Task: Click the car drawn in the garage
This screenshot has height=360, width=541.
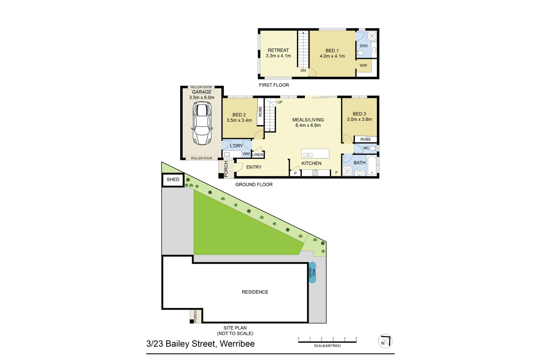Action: pos(202,123)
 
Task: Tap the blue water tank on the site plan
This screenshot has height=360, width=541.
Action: pos(312,273)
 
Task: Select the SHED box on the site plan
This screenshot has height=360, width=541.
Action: pos(173,180)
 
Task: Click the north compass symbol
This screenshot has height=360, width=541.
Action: pos(385,341)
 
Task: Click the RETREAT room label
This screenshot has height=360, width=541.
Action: pos(278,50)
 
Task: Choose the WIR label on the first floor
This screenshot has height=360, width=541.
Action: pos(363,66)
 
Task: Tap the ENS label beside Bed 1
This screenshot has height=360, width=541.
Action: pos(363,46)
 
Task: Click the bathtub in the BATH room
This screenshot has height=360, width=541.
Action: pos(372,165)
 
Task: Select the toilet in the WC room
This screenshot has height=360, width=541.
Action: pos(373,148)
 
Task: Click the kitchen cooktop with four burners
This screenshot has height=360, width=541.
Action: pos(315,173)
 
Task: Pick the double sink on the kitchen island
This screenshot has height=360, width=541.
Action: pos(308,155)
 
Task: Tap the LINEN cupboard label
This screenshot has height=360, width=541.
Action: pos(258,155)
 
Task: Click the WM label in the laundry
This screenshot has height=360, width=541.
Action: pos(246,154)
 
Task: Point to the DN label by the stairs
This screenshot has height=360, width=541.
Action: pos(303,71)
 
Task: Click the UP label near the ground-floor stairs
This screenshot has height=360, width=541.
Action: pos(280,102)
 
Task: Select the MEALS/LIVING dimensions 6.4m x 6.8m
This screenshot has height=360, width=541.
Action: pos(308,126)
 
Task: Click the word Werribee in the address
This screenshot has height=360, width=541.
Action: pos(237,344)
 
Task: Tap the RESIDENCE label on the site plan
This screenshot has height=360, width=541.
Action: pos(255,292)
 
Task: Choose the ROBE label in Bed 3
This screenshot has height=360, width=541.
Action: pos(365,139)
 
